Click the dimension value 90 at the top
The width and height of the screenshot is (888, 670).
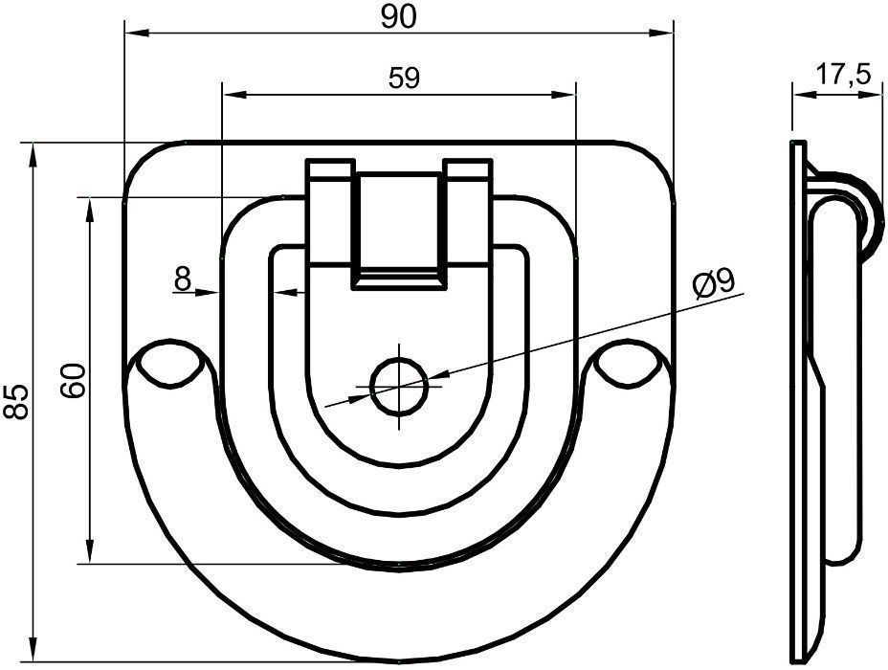[x=399, y=17]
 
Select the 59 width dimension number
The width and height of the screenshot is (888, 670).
[x=405, y=78]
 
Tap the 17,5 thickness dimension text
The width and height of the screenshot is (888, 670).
[x=843, y=76]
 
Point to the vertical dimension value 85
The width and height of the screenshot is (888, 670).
[x=15, y=402]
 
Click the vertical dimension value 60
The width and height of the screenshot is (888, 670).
[x=73, y=381]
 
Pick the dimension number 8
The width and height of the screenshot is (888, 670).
[x=183, y=279]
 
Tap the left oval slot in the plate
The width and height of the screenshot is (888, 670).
[x=167, y=363]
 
